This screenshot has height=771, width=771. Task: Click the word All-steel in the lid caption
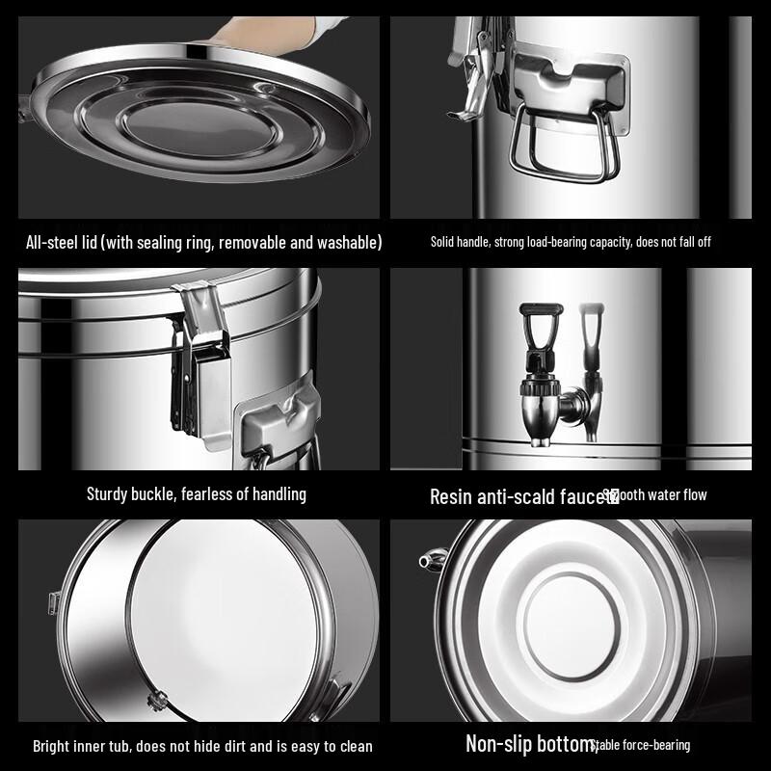point(53,242)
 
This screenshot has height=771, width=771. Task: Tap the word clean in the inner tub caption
point(353,746)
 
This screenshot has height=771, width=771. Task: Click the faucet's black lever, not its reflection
point(533,333)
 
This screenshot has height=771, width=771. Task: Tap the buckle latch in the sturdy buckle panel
point(202,366)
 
